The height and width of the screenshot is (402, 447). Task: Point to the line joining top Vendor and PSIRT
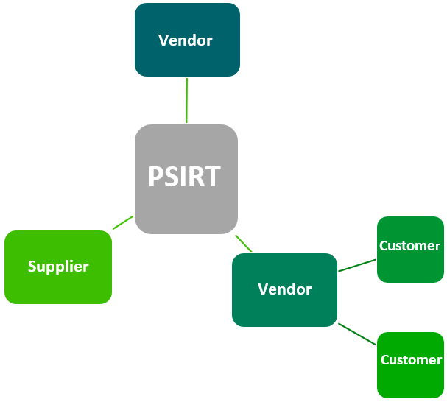pos(187,100)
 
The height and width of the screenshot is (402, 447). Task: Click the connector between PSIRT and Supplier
pos(123,222)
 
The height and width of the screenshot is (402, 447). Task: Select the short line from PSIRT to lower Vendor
pos(244,244)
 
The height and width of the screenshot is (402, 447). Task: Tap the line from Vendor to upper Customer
pos(357,265)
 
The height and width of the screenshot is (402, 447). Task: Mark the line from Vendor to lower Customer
pos(357,334)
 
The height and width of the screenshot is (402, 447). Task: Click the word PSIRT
pos(184,177)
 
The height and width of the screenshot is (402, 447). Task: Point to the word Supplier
pos(58,267)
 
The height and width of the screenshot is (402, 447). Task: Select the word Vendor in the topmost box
pos(186,40)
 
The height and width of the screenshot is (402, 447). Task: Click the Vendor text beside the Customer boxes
pos(285,289)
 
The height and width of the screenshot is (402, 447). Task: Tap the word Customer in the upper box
pos(410,246)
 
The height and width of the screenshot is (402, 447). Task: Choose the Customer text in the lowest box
pos(411,360)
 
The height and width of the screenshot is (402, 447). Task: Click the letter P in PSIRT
pos(155,177)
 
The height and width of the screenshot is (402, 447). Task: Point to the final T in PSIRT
pos(213,177)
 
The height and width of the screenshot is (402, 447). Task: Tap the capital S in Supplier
pos(32,267)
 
